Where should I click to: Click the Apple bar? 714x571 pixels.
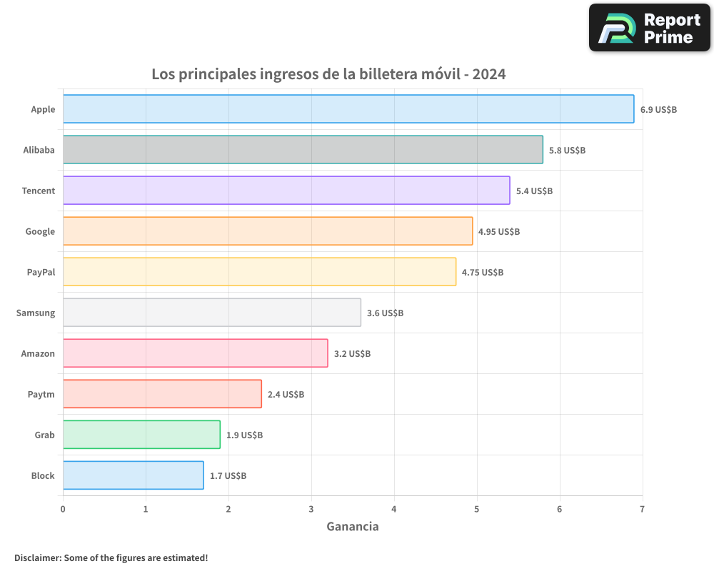(348, 109)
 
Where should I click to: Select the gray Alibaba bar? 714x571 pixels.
(303, 150)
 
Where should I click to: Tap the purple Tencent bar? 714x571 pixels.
(286, 191)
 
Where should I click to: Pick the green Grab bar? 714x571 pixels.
(141, 435)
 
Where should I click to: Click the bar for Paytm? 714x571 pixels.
(162, 394)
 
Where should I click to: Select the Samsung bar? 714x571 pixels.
(212, 313)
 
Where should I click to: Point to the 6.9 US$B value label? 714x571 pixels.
(658, 110)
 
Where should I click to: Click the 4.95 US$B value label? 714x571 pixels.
(499, 232)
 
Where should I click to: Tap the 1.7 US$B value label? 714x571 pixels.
(228, 476)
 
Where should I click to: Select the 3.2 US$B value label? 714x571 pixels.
(352, 354)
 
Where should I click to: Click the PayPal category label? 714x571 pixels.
(41, 272)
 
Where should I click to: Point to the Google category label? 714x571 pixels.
(40, 231)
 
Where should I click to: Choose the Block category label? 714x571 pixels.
(43, 475)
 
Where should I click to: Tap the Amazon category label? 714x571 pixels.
(38, 353)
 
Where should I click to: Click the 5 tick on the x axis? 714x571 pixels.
(477, 509)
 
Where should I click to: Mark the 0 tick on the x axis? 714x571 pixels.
(63, 509)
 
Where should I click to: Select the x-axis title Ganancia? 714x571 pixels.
(353, 527)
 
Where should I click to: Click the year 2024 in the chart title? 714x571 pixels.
(489, 74)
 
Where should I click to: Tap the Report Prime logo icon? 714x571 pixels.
(616, 28)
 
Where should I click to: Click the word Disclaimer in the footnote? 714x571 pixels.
(37, 557)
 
